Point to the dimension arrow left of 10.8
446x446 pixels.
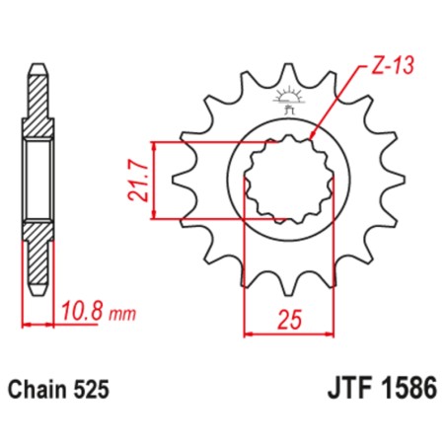tap(36, 323)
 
